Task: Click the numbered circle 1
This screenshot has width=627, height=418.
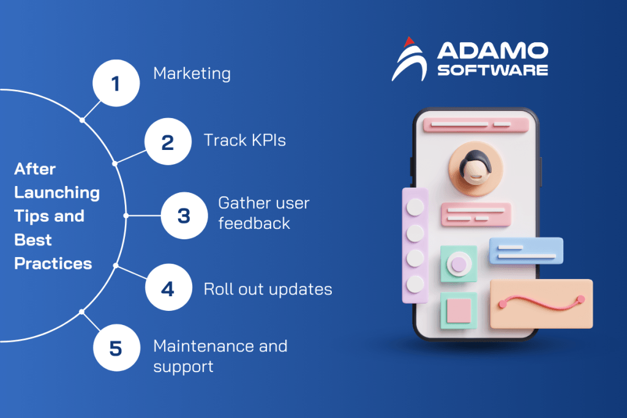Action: coord(116,83)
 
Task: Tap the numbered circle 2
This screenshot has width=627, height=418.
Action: coord(168,143)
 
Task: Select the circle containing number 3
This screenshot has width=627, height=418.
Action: coord(184,215)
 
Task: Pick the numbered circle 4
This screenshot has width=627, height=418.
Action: coord(168,288)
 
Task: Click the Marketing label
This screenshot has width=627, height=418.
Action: coord(192,74)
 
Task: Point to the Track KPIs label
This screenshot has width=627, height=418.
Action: coord(244,141)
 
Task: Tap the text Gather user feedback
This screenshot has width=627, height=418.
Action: coord(263,213)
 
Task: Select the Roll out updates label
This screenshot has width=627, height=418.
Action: coord(268,288)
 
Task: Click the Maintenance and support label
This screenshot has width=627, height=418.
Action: coord(220,356)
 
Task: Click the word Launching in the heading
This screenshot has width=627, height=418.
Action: coord(56,192)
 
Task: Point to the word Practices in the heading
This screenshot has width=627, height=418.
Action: coord(53,264)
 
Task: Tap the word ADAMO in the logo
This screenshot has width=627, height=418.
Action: coord(492,51)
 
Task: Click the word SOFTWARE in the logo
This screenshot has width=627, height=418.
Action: coord(492,70)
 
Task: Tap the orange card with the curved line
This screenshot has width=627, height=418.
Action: coord(541,304)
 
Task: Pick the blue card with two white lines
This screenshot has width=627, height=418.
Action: coord(526,251)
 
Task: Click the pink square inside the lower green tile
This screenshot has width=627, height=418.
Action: coord(458,310)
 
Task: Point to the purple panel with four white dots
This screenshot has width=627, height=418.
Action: coord(415,245)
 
